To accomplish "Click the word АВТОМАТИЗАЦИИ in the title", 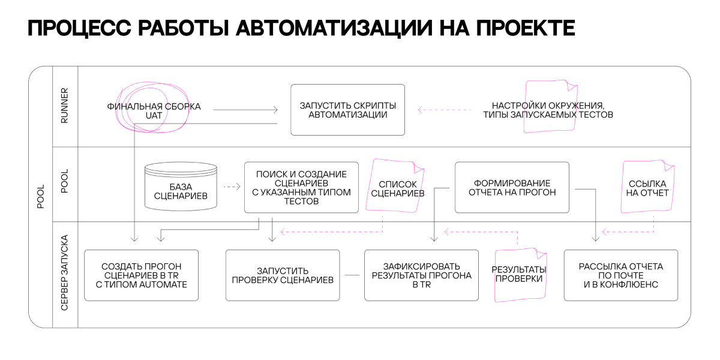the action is tap(334, 28).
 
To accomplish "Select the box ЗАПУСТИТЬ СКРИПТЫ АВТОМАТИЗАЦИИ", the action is tap(347, 110).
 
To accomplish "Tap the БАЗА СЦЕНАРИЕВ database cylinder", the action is tap(181, 187).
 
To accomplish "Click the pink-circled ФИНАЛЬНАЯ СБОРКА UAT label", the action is tap(154, 111).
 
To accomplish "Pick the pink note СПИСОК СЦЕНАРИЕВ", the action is tap(395, 186).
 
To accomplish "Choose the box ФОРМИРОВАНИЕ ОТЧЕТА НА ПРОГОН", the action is tap(512, 187).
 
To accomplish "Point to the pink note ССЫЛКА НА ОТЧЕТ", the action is tap(647, 187).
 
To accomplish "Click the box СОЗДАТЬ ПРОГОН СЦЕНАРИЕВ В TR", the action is tap(141, 275).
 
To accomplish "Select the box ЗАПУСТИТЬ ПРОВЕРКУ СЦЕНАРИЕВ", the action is tap(283, 275).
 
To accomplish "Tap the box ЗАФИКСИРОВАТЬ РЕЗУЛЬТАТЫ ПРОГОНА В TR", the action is tap(421, 275).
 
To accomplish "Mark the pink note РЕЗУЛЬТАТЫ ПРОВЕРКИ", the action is tap(520, 275).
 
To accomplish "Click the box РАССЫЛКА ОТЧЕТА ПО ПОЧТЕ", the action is tap(620, 275).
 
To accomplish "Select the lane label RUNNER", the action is tap(65, 106).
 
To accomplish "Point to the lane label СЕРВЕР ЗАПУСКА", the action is tap(65, 272).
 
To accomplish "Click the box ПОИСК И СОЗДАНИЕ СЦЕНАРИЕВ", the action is tap(301, 187).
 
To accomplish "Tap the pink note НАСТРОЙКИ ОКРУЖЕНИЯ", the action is tap(550, 106).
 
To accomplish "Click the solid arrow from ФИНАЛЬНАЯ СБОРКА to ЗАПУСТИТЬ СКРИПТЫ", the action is tap(245, 110).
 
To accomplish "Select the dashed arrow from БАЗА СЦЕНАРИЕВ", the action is tap(232, 187).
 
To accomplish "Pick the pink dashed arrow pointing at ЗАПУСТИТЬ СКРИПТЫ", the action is tap(445, 110).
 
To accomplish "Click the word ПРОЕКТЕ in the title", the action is tap(526, 28).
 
